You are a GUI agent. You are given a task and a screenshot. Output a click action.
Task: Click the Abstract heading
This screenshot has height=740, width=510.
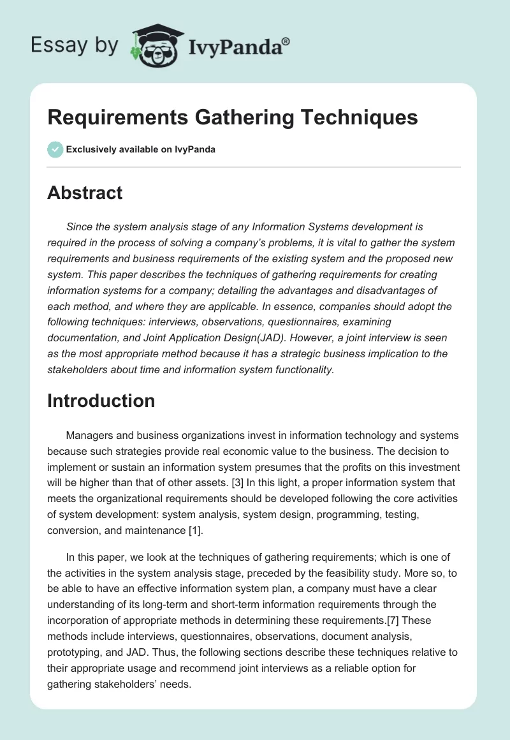[x=85, y=193]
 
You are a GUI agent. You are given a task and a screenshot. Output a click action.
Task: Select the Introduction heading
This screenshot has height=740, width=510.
[x=101, y=401]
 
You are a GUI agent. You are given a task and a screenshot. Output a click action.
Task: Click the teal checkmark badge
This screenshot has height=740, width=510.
[x=55, y=149]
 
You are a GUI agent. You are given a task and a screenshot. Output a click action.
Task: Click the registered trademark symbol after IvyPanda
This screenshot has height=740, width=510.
[x=286, y=40]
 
